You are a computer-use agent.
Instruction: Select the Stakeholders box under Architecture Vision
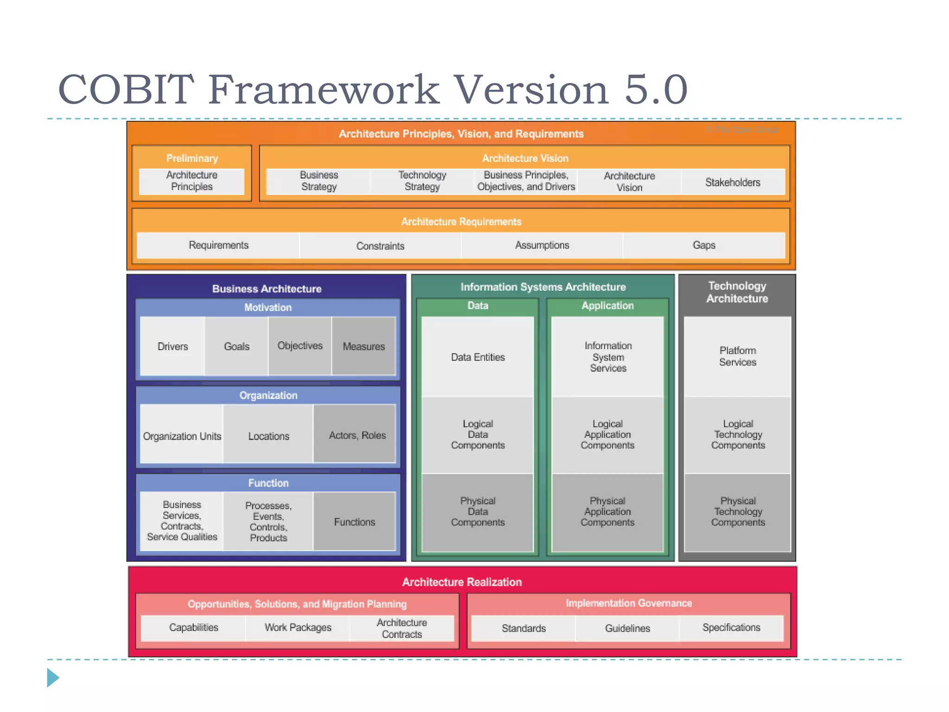coord(733,182)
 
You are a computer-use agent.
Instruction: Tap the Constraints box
coord(380,246)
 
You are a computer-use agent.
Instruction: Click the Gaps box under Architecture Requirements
coord(703,245)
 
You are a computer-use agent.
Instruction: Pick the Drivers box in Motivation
coord(172,346)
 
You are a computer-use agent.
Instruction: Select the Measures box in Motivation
coord(364,346)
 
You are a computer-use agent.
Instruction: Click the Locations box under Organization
coord(268,436)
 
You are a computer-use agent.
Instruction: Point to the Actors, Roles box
coord(357,435)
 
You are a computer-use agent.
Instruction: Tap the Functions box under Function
coord(354,522)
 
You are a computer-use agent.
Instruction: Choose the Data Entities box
coord(478,357)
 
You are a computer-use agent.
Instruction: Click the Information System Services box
coord(607,357)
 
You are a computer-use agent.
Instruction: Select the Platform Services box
coord(737,356)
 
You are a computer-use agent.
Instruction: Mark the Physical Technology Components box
coord(738,512)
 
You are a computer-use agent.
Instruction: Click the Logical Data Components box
coord(478,434)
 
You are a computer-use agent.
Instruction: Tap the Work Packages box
coord(297,628)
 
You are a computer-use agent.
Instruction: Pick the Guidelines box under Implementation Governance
coord(627,628)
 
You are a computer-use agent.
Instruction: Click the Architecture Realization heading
coord(462,582)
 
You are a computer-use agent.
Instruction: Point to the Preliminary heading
coord(192,158)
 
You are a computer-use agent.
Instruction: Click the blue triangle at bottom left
coord(52,678)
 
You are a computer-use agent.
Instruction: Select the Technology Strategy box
coord(422,181)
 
